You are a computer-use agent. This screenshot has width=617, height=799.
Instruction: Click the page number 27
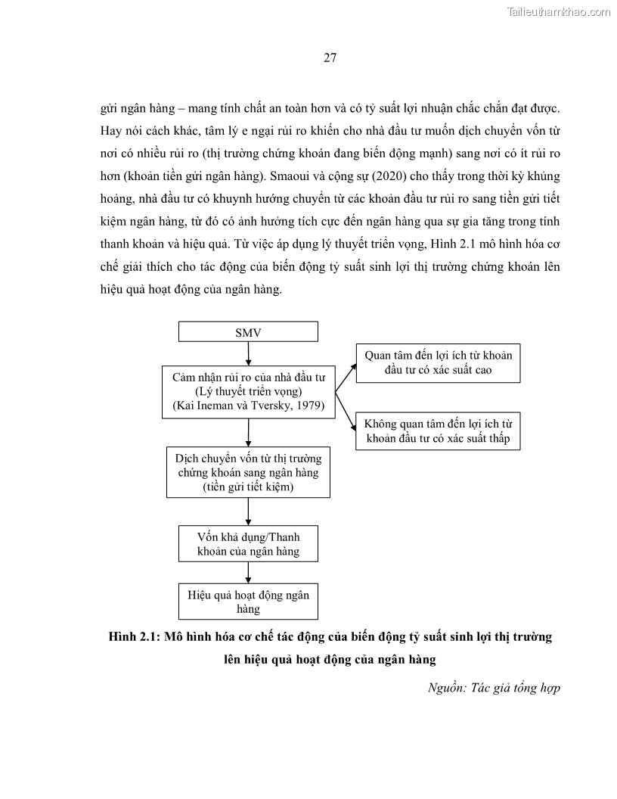(x=330, y=58)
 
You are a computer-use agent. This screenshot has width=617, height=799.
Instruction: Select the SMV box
(x=248, y=332)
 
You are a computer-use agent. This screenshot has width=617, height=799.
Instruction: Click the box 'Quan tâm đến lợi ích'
(x=438, y=362)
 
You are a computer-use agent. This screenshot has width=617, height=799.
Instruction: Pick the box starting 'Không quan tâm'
(x=438, y=431)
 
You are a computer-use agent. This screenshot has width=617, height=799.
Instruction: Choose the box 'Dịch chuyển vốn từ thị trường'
(x=248, y=472)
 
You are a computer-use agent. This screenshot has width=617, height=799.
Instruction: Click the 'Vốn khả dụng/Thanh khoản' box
(x=248, y=543)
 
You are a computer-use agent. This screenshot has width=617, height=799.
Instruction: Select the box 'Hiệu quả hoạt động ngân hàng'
(x=248, y=602)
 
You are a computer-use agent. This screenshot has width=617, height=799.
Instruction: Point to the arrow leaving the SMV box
(x=248, y=353)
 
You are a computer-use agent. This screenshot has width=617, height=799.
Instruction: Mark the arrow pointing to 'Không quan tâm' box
(x=346, y=413)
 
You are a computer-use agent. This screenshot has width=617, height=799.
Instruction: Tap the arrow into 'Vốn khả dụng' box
(x=248, y=511)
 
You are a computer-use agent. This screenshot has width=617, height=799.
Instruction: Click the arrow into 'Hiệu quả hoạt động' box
(x=248, y=573)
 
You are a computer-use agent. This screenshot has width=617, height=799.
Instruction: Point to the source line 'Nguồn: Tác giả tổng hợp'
(x=493, y=687)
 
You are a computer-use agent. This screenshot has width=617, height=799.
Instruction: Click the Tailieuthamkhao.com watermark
(x=557, y=11)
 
